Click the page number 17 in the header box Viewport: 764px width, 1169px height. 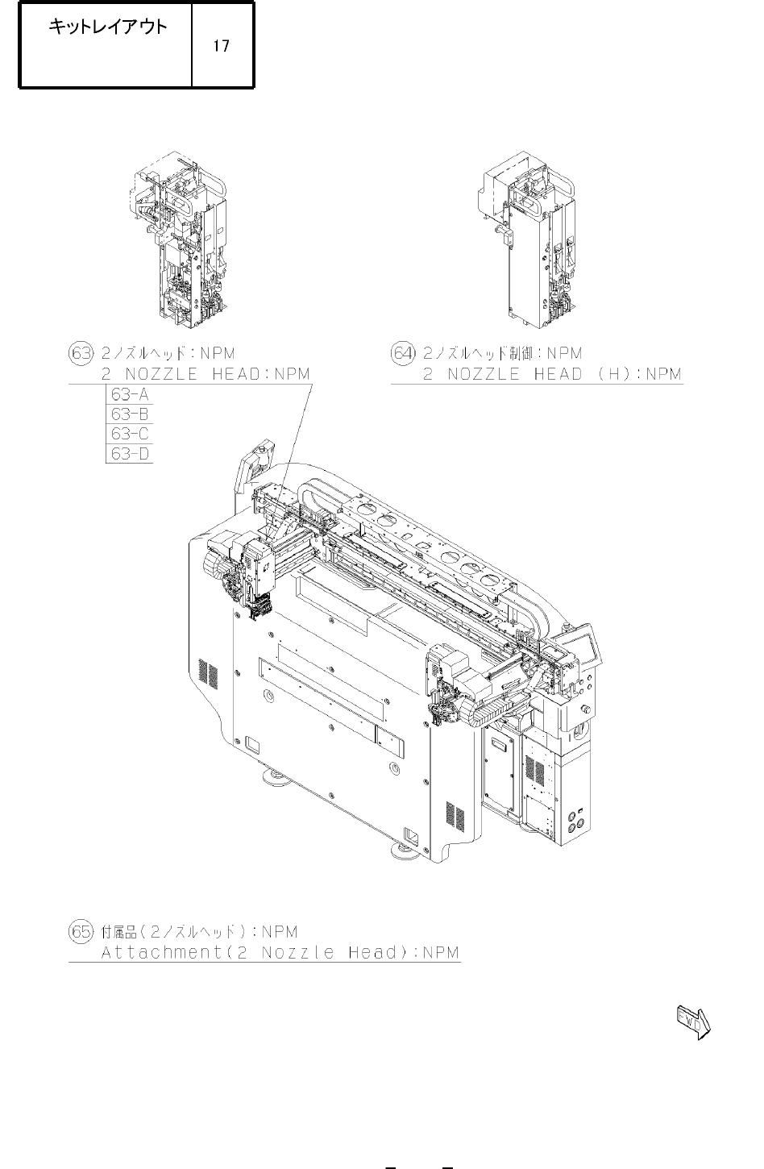coord(221,46)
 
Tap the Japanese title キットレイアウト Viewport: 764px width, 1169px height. coord(108,27)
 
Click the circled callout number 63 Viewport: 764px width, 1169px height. coord(81,353)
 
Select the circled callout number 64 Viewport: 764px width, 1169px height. coord(404,353)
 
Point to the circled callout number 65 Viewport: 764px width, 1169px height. coord(81,931)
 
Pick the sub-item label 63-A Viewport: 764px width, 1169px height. coord(130,395)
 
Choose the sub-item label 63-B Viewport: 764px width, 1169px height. coord(130,414)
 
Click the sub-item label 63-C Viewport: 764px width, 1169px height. coord(130,434)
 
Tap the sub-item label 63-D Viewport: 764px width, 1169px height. coord(130,454)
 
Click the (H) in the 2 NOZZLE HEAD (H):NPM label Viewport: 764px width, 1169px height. coord(617,374)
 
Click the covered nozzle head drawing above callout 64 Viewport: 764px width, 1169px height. coord(527,240)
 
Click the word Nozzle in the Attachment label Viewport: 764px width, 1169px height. coord(297,952)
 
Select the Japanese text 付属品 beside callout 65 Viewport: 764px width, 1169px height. coord(119,931)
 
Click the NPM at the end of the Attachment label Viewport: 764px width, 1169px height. coord(441,952)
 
